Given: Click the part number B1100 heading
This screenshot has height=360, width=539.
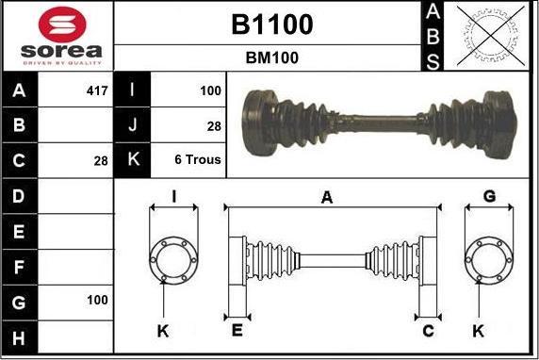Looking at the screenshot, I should point(271,25).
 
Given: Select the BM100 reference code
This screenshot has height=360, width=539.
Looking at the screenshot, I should point(271,57).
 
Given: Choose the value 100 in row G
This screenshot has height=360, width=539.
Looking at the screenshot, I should point(97,300).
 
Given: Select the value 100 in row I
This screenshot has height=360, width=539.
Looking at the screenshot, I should point(210,91).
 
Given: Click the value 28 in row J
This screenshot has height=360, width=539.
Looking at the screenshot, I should point(214,125).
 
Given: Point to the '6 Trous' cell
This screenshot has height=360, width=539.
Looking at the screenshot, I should point(198,159).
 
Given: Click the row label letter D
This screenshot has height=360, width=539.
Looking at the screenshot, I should point(20,196).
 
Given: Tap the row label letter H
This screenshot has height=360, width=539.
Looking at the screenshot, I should point(20,335).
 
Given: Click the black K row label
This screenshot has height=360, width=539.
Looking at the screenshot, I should point(133,159).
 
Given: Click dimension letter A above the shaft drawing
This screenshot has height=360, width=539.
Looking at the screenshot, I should point(327,197).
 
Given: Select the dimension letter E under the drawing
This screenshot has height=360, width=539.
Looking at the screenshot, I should point(237,331).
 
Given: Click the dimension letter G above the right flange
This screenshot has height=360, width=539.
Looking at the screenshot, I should point(488,196).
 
